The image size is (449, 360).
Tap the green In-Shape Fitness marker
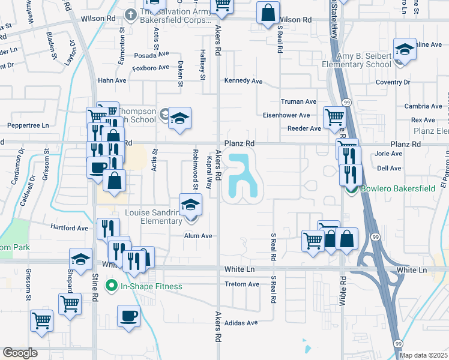[x=110, y=286]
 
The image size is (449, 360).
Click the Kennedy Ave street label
[x=244, y=81]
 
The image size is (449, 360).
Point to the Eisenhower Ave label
[x=286, y=115]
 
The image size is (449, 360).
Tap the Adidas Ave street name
[x=241, y=322]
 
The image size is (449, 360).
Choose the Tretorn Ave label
[x=241, y=284]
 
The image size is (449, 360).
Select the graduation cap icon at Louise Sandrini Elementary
[x=191, y=205]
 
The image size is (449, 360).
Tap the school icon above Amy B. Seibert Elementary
[x=405, y=49]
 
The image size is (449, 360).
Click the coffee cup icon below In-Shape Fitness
[x=128, y=316]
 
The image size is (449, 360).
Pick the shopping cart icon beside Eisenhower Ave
[x=334, y=116]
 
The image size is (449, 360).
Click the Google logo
[x=20, y=353]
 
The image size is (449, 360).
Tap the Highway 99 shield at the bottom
[x=398, y=343]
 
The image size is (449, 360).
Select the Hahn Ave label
[x=112, y=80]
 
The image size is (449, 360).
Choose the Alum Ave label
[x=198, y=236]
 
